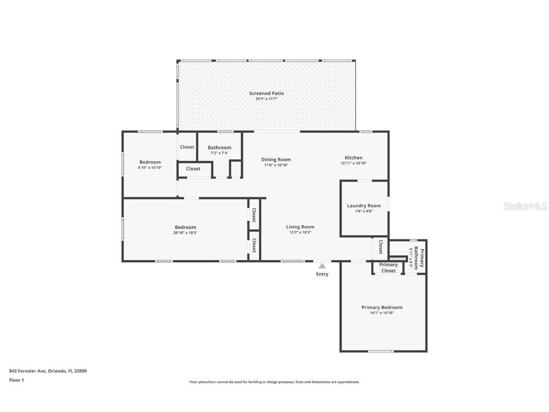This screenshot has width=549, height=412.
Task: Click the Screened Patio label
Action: (x=266, y=93)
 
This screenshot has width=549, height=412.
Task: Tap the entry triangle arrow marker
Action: (x=322, y=266)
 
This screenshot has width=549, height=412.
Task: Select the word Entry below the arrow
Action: (x=322, y=274)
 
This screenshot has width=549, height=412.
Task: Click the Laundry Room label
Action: (x=364, y=206)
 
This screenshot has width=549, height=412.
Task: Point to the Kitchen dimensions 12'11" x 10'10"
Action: (x=353, y=164)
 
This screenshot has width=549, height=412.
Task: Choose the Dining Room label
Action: (x=276, y=160)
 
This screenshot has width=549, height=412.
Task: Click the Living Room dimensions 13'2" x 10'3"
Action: (x=300, y=233)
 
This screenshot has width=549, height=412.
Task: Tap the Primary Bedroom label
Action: (x=382, y=308)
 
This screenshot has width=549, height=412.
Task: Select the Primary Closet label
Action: (x=388, y=268)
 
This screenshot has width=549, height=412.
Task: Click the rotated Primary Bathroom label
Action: (x=419, y=258)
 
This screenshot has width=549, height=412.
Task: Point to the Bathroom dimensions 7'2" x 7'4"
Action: (x=219, y=153)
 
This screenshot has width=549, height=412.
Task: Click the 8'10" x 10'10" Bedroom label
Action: (x=150, y=162)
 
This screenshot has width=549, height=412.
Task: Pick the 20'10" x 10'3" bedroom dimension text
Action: (x=185, y=233)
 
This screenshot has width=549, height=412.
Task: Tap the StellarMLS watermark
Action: (x=526, y=206)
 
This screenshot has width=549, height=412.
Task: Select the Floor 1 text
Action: (x=16, y=380)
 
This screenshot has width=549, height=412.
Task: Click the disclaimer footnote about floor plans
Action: (x=274, y=382)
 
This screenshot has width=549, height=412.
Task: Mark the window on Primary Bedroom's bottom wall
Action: (x=381, y=351)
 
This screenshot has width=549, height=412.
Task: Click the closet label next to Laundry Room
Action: (x=381, y=247)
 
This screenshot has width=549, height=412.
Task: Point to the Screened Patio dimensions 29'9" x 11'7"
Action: (x=266, y=99)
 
